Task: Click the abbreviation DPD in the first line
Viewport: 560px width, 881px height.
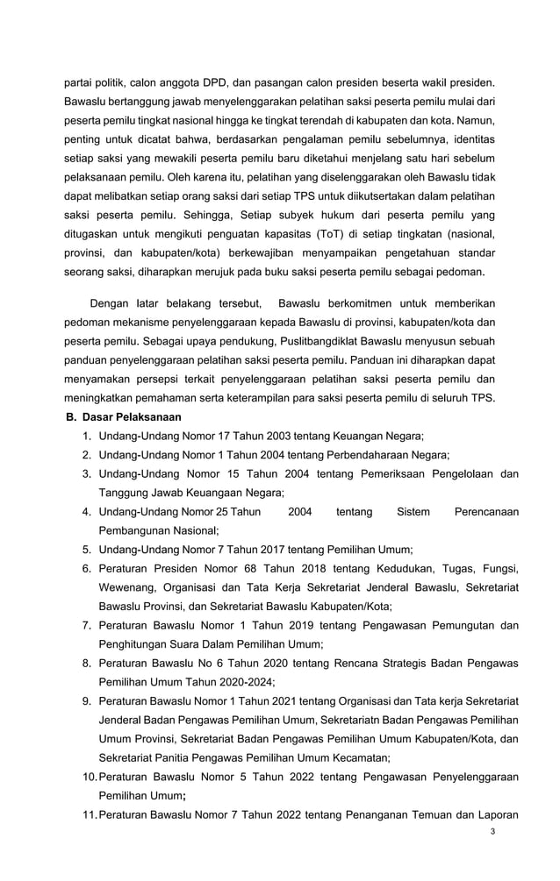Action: coord(217,84)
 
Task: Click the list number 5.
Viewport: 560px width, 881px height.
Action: coord(87,550)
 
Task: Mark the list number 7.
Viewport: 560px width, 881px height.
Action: coord(87,625)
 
